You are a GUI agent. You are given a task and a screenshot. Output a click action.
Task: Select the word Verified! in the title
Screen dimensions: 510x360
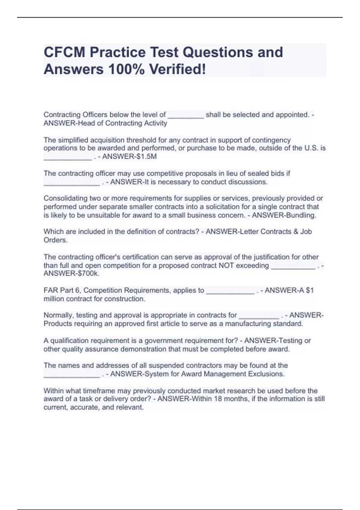(178, 69)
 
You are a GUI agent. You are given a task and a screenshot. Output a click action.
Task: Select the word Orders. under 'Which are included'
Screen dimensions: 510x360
(56, 240)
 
